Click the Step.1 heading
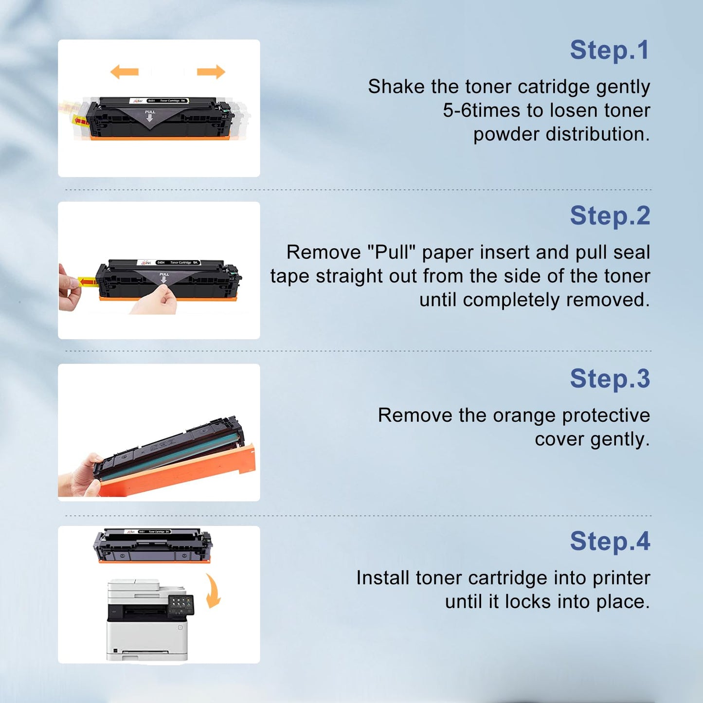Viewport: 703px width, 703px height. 610,51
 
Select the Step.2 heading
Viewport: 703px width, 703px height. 610,216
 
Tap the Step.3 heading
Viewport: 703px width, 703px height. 610,379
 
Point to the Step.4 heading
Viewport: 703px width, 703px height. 610,541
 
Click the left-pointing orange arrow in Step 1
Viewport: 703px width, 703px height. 125,72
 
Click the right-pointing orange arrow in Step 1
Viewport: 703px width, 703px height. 211,72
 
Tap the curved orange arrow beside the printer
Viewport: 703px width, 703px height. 213,591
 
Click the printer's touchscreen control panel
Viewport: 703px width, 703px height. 180,605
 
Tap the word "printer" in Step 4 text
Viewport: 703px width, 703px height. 621,578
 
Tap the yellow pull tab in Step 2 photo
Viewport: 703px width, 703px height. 87,282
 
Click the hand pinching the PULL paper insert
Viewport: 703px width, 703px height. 158,302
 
